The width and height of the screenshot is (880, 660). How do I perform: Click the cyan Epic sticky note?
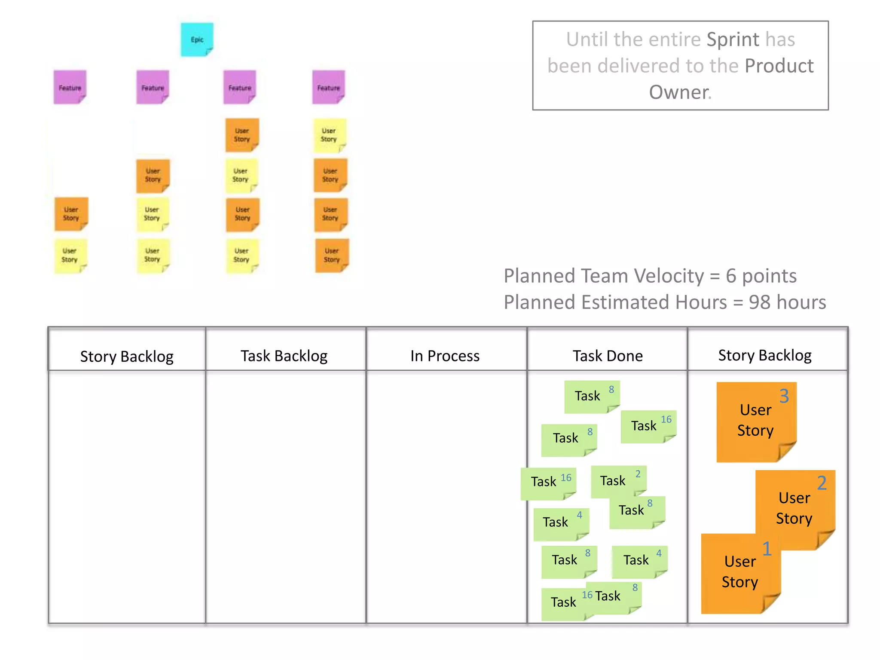tap(197, 39)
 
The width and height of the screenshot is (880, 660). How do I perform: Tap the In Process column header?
tap(445, 356)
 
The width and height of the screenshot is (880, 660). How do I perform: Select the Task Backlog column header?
tap(284, 356)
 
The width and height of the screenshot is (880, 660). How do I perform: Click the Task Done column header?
tap(608, 356)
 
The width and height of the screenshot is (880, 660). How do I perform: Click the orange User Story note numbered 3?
tap(755, 421)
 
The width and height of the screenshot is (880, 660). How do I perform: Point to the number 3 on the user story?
tap(784, 396)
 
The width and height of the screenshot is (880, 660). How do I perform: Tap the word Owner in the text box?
tap(679, 92)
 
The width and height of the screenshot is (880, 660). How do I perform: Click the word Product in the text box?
tap(779, 66)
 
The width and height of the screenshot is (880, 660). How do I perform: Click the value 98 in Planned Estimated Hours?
tap(759, 302)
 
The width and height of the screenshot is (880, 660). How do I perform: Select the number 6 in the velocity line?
tap(731, 276)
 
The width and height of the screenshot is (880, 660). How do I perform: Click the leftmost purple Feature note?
tap(70, 87)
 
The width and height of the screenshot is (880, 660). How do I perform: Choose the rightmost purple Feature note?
tap(329, 87)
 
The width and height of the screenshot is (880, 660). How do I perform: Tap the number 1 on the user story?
tap(767, 549)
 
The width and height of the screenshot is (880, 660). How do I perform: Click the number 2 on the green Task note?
tap(638, 474)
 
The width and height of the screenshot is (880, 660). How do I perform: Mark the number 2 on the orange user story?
tap(822, 483)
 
